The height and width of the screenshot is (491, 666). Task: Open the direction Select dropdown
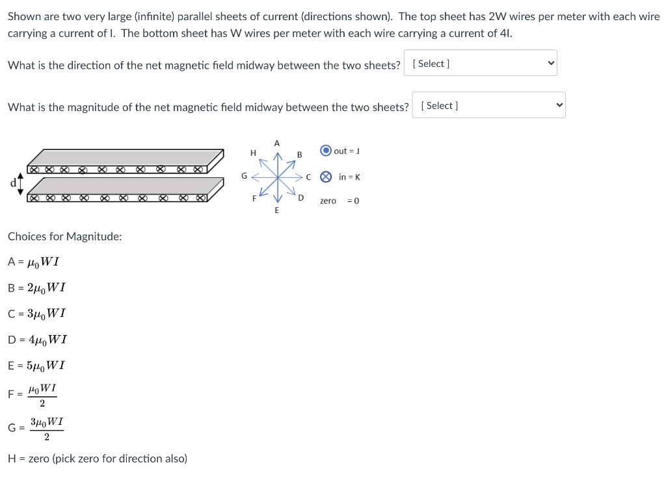(x=480, y=64)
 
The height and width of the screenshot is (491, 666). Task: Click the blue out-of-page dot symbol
(x=326, y=151)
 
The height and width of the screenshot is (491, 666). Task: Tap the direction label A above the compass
(x=276, y=142)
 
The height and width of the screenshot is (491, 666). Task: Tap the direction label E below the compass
(x=276, y=210)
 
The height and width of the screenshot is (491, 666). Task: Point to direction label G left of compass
(x=244, y=175)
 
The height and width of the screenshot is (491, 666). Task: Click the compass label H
(x=253, y=153)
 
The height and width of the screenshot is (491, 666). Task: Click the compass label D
(x=300, y=198)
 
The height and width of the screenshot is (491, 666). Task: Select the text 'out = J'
(x=347, y=151)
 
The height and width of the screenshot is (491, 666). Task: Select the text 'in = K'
(x=349, y=177)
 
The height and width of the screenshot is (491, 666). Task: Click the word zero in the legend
(x=328, y=201)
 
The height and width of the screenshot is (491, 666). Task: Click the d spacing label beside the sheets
(x=12, y=181)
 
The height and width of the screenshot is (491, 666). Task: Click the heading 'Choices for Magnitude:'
(x=64, y=236)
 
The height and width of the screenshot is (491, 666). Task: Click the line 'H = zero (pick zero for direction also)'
(x=98, y=459)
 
